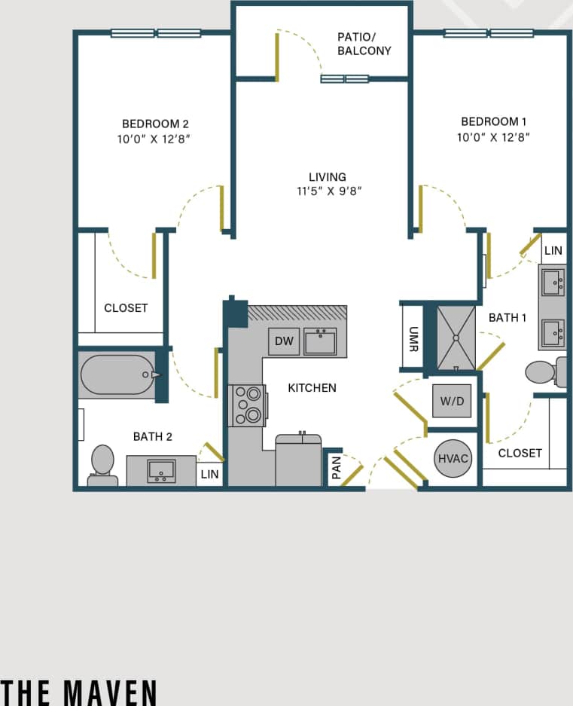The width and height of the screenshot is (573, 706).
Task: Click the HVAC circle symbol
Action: pos(453,458)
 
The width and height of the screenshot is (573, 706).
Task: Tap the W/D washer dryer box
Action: pos(452,401)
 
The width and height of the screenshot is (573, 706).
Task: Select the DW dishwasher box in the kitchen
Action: pos(284,341)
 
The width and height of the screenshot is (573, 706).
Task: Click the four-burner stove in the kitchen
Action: pos(248,405)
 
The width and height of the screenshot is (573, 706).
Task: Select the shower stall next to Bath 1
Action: pos(456,338)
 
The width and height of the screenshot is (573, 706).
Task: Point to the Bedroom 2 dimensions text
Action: pos(154,139)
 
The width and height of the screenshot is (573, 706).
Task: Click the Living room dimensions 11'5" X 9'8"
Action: pos(329,191)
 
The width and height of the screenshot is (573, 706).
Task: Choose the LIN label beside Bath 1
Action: pos(553,251)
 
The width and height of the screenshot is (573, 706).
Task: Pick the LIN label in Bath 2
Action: pos(209,475)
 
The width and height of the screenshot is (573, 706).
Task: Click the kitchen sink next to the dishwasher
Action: pos(320,341)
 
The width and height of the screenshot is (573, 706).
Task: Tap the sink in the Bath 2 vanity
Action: pos(161,471)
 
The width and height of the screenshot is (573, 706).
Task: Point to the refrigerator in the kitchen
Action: pos(298,460)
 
